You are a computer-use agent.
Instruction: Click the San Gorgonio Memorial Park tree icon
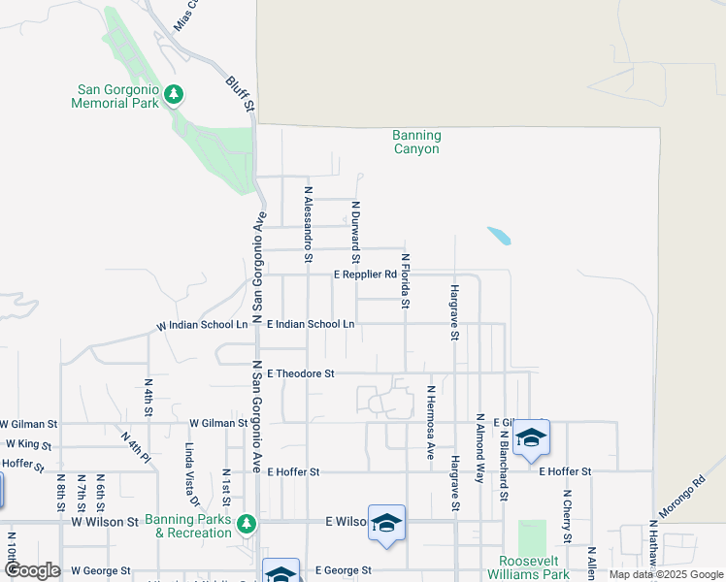tap(174, 94)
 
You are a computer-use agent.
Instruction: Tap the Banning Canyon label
tap(416, 143)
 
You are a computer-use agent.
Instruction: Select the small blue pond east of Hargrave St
tap(499, 236)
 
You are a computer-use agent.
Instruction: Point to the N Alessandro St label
tap(308, 225)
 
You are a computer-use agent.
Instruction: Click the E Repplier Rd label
tap(365, 275)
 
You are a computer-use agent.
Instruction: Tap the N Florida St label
tap(406, 282)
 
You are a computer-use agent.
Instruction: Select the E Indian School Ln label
tap(311, 323)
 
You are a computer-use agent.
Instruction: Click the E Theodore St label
tap(300, 372)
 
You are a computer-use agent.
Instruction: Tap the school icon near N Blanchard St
tap(531, 437)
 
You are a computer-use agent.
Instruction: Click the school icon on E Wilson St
tap(386, 524)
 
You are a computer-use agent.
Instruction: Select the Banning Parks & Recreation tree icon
tap(247, 524)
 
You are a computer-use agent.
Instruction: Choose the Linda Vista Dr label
tap(191, 476)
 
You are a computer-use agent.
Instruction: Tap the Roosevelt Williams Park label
tap(534, 567)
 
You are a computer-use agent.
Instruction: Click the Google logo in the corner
tap(31, 570)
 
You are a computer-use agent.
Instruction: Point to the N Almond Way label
tap(479, 448)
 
